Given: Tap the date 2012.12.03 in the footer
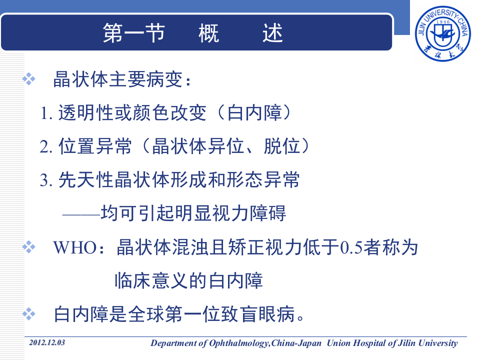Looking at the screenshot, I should point(47,342).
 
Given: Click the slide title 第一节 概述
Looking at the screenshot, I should point(193,33).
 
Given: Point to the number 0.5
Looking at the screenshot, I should point(347,248).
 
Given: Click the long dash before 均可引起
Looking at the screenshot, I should point(80,214).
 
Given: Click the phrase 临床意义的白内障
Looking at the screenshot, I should point(188,281).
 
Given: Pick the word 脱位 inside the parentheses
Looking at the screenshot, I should point(281,146).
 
